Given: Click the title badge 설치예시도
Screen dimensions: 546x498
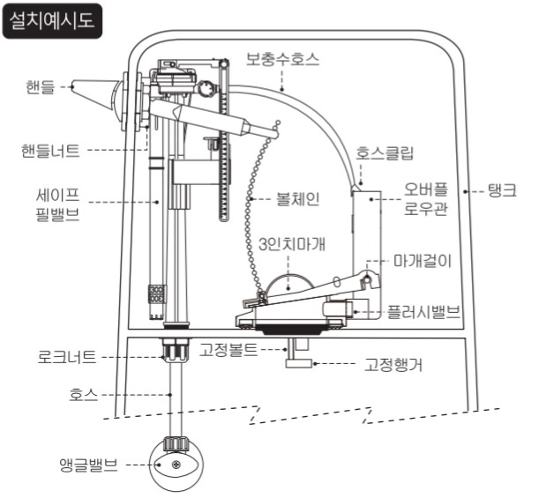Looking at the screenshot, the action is click(52, 20).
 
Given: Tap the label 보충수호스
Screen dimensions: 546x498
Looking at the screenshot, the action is click(282, 59).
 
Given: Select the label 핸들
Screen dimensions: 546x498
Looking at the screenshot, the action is click(41, 87).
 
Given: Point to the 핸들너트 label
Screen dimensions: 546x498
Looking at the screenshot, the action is click(51, 151).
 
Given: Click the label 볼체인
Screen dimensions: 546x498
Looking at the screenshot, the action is click(298, 199).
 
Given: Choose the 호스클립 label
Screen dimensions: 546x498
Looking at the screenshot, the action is click(385, 153).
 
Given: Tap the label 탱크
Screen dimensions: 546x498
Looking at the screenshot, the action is click(503, 190).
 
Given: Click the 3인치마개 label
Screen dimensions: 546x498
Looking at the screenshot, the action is click(292, 244).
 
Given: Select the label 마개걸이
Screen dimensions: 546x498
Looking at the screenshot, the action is click(423, 261).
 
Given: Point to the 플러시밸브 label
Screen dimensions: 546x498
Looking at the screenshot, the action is click(424, 312).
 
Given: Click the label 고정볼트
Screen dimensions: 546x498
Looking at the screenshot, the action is click(228, 349).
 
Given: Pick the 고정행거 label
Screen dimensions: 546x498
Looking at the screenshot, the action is click(393, 365).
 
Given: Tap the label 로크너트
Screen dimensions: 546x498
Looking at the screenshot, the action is click(67, 357).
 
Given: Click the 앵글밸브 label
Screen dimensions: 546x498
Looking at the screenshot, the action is click(89, 465).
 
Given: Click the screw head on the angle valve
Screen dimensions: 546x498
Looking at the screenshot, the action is click(176, 464).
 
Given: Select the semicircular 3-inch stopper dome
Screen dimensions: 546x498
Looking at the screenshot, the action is click(288, 284).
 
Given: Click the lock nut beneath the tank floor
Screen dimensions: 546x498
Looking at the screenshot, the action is click(176, 351).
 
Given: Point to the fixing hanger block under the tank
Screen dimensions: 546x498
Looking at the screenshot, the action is click(298, 363).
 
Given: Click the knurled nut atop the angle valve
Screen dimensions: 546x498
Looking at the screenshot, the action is click(176, 443).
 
